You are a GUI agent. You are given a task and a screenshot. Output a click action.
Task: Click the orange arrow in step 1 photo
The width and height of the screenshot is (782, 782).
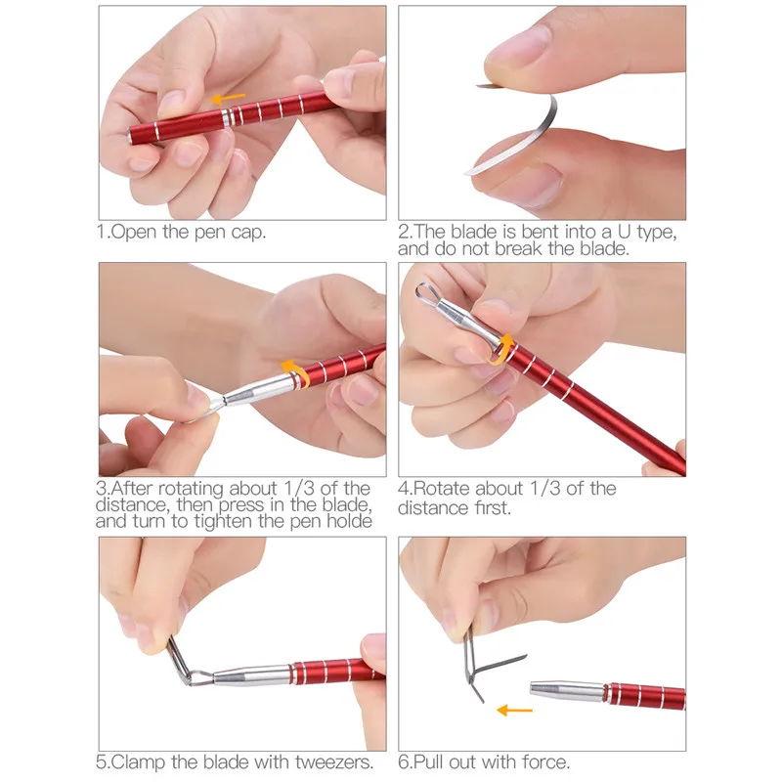pos(228,99)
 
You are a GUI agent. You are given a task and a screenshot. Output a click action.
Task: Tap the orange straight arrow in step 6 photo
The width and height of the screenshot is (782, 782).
pos(515,710)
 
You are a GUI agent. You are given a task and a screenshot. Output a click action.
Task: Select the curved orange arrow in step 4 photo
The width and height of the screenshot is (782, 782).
pos(501,349)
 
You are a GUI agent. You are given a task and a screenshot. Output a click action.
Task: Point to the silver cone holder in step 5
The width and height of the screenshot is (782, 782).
pos(252,674)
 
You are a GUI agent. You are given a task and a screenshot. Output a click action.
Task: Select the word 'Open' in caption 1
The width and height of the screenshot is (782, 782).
pos(133,233)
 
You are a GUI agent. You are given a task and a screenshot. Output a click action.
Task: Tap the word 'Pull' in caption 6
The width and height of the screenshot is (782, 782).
pos(428,762)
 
